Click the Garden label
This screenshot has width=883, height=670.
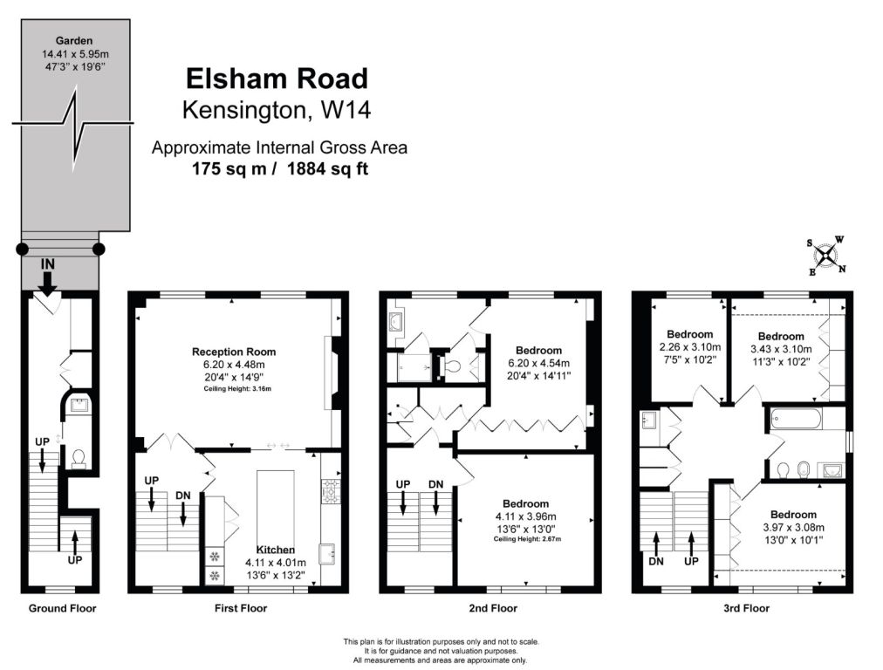pos(74,40)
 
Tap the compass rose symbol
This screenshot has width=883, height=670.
pos(825,256)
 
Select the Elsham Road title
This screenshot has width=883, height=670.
pos(277,79)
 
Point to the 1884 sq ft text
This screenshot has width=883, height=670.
pos(327,168)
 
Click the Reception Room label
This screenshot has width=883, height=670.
pos(234,352)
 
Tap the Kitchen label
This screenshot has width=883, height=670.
pos(276,550)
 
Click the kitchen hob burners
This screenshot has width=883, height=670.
pos(331,490)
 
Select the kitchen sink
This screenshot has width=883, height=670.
pos(328,553)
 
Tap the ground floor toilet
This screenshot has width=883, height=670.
pos(79,458)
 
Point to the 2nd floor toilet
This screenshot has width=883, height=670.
pos(453,367)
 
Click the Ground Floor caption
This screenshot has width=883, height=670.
pos(63,608)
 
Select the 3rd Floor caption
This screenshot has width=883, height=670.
pos(746,608)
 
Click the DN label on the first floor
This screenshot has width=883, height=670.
pos(183,496)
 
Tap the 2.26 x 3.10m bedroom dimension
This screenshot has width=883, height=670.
pos(690,347)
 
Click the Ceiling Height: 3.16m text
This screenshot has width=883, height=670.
pos(237,388)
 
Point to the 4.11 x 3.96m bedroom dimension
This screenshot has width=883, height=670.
pos(525,516)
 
